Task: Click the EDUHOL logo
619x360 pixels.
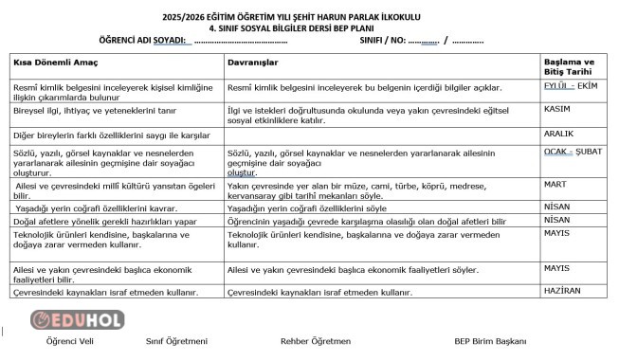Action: tap(77, 319)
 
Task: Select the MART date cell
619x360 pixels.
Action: tap(556, 184)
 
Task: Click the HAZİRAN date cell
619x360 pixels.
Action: tap(562, 291)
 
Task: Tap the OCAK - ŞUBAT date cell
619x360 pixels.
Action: tap(573, 152)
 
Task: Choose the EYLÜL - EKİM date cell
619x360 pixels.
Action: tap(571, 85)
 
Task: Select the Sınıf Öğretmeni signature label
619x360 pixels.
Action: tap(176, 341)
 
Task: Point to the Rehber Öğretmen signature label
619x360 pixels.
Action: tap(316, 341)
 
